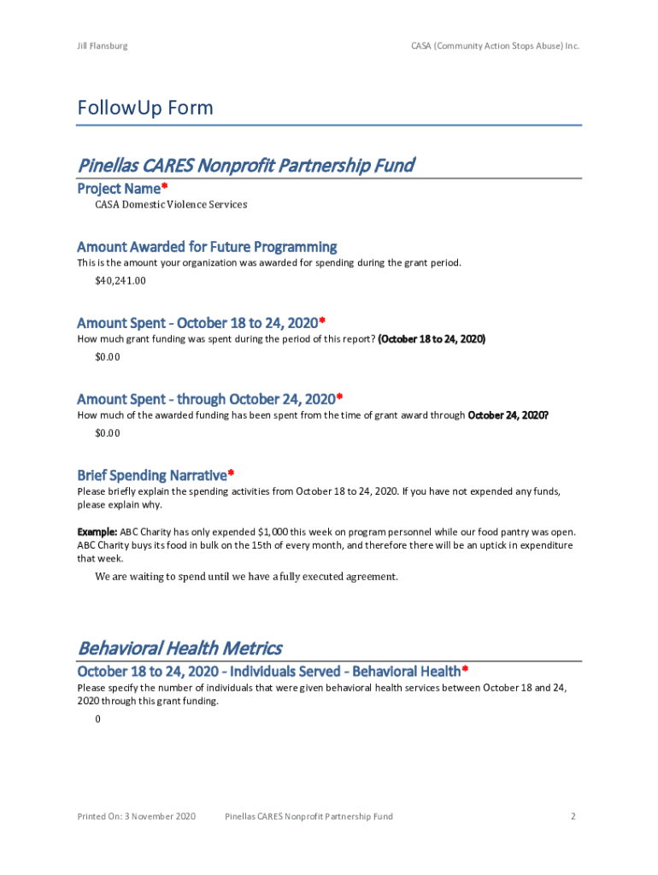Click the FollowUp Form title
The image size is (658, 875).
coord(145,109)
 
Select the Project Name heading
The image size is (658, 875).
coord(119,188)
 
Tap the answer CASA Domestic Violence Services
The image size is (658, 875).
coord(171,205)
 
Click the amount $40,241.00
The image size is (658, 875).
coord(120,280)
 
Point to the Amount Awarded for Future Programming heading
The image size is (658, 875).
coord(207,247)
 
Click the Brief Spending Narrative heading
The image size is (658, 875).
coord(152,474)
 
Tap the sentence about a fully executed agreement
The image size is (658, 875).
coord(246,577)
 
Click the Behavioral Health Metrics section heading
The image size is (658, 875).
coord(179,648)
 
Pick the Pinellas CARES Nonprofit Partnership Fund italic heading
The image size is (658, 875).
coord(246,165)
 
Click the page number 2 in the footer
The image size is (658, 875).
coord(573,817)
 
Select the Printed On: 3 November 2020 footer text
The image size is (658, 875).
coord(137,817)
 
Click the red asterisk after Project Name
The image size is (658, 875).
coord(164,186)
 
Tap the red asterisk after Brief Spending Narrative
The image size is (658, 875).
coord(231,473)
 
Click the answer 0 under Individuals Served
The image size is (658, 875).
coord(98,719)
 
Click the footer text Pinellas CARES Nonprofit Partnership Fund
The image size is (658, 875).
coord(308,817)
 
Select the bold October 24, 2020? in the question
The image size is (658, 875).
coord(508,415)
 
